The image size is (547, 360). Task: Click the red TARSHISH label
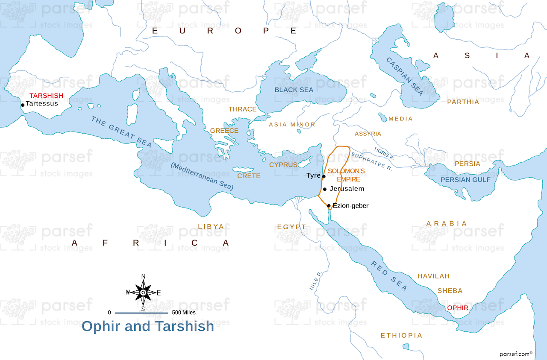coord(46,96)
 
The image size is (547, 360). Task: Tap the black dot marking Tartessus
coord(23,105)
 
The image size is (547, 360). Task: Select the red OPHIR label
coord(458,307)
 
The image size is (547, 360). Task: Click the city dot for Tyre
coord(324,176)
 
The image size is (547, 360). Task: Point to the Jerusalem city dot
coord(325,189)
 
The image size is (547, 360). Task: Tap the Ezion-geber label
coord(350,206)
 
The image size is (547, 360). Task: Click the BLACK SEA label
coord(294,90)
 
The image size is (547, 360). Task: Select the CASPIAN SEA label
coord(405,76)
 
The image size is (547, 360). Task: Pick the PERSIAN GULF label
coord(465,180)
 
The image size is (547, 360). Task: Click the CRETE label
coord(249,176)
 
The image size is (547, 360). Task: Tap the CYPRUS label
coord(283,165)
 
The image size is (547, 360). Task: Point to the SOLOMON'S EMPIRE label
coord(346,175)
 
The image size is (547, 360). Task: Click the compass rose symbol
coord(143,292)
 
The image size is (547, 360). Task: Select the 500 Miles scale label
coord(184,313)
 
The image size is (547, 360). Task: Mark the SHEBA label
coord(450,290)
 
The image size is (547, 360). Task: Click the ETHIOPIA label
coord(401,336)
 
